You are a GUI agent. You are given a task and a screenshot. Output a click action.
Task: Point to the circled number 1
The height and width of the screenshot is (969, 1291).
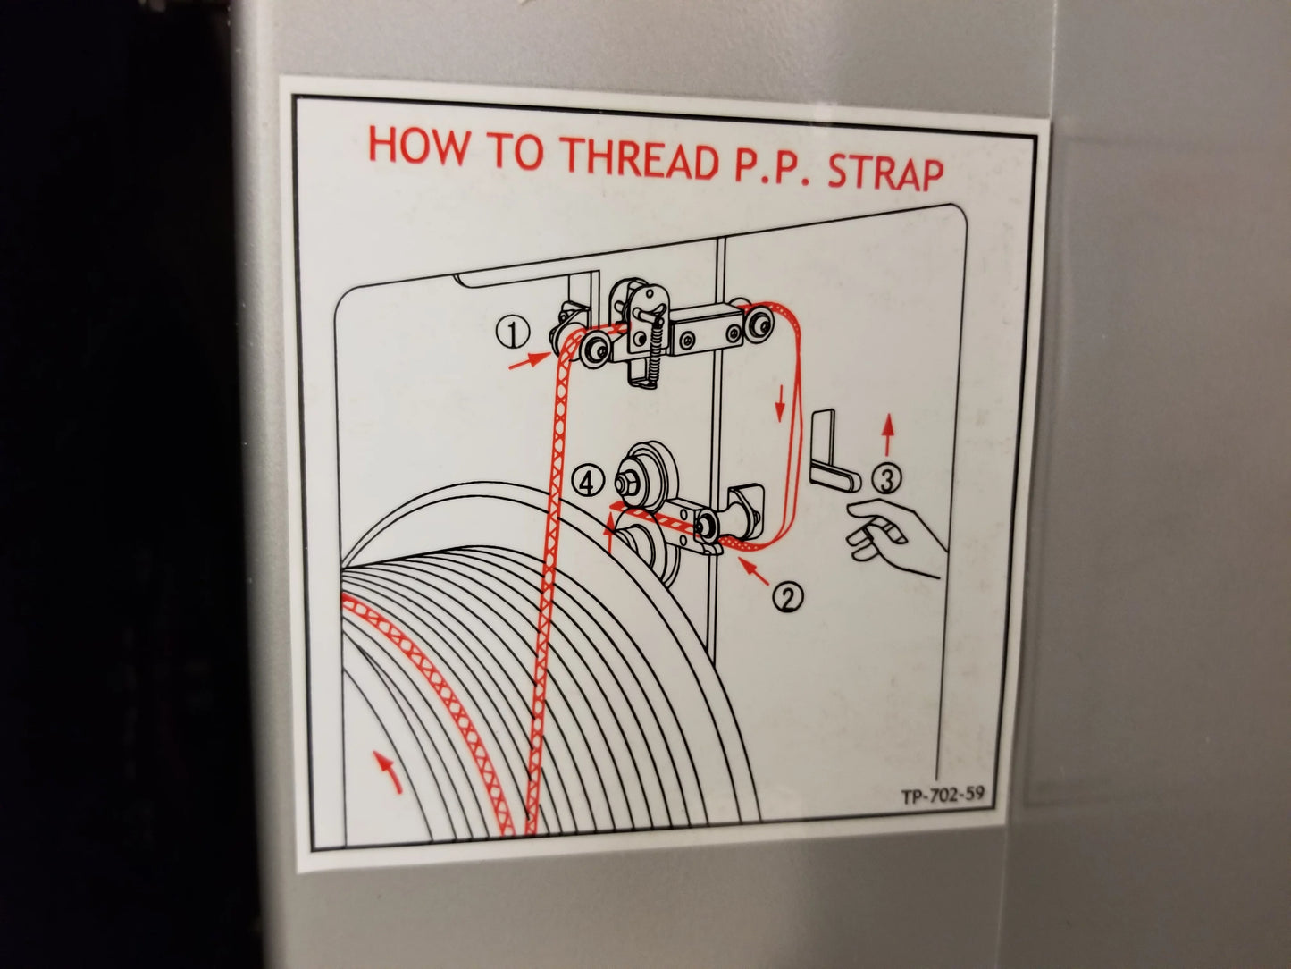pos(512,333)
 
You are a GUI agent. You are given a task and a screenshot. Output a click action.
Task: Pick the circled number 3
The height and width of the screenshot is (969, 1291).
pos(884,481)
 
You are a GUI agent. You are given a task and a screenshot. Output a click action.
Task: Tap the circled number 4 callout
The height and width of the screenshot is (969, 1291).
pos(586,483)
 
